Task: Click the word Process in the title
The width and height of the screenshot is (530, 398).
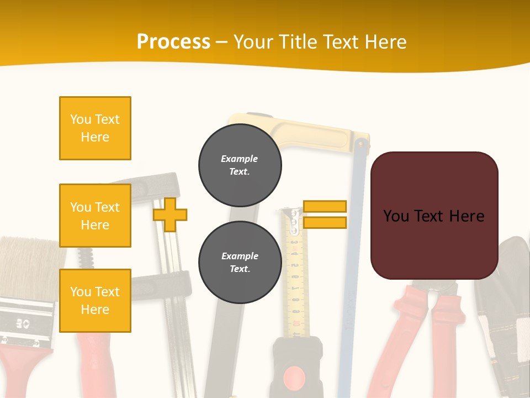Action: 173,41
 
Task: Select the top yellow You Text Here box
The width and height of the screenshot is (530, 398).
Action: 95,128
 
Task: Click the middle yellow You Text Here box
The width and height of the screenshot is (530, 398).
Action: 95,216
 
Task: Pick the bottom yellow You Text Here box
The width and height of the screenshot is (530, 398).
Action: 95,301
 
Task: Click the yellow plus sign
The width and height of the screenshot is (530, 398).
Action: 170,214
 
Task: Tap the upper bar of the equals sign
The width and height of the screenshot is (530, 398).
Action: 325,206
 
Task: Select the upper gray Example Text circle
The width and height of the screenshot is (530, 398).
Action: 240,165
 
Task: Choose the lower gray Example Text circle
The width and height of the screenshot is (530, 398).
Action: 240,263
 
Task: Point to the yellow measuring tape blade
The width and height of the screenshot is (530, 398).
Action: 295,276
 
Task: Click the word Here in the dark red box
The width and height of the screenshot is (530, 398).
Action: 467,216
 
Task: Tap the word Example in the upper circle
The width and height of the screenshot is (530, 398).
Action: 239,159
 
